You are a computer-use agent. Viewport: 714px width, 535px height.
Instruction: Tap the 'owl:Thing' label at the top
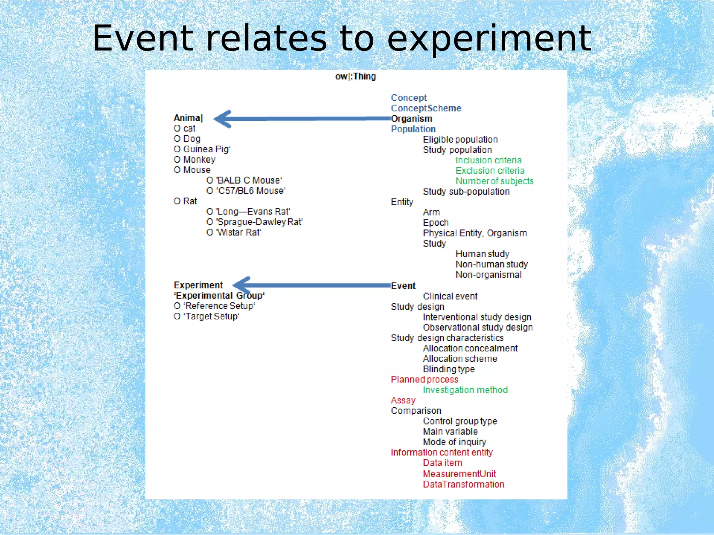[355, 77]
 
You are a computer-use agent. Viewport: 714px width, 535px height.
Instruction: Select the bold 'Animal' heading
[188, 118]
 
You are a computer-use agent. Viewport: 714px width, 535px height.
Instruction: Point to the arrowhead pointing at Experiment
[243, 285]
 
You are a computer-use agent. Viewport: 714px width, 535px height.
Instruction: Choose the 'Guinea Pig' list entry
[202, 149]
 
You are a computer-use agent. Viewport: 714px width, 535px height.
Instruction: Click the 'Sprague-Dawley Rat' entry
[255, 222]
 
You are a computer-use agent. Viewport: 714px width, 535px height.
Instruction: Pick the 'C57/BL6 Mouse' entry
[246, 191]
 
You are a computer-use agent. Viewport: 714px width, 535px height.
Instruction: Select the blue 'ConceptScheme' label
[426, 108]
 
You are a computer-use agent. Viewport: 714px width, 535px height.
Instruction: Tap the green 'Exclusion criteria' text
[490, 171]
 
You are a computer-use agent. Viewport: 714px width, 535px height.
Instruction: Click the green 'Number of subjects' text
[494, 181]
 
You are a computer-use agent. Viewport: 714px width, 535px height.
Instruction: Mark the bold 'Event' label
[403, 286]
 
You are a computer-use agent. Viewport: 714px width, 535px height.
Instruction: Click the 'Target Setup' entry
[207, 317]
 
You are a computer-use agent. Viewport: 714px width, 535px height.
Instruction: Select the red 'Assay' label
[403, 401]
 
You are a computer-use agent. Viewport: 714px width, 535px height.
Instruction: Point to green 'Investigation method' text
[465, 390]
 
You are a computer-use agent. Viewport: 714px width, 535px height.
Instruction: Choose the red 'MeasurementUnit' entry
[459, 474]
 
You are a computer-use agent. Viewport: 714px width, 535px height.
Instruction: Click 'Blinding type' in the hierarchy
[449, 369]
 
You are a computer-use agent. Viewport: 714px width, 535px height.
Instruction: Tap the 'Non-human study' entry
[492, 264]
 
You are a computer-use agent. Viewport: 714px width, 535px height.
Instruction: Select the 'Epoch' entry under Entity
[435, 223]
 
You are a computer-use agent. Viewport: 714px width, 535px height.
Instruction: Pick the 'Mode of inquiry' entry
[454, 442]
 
